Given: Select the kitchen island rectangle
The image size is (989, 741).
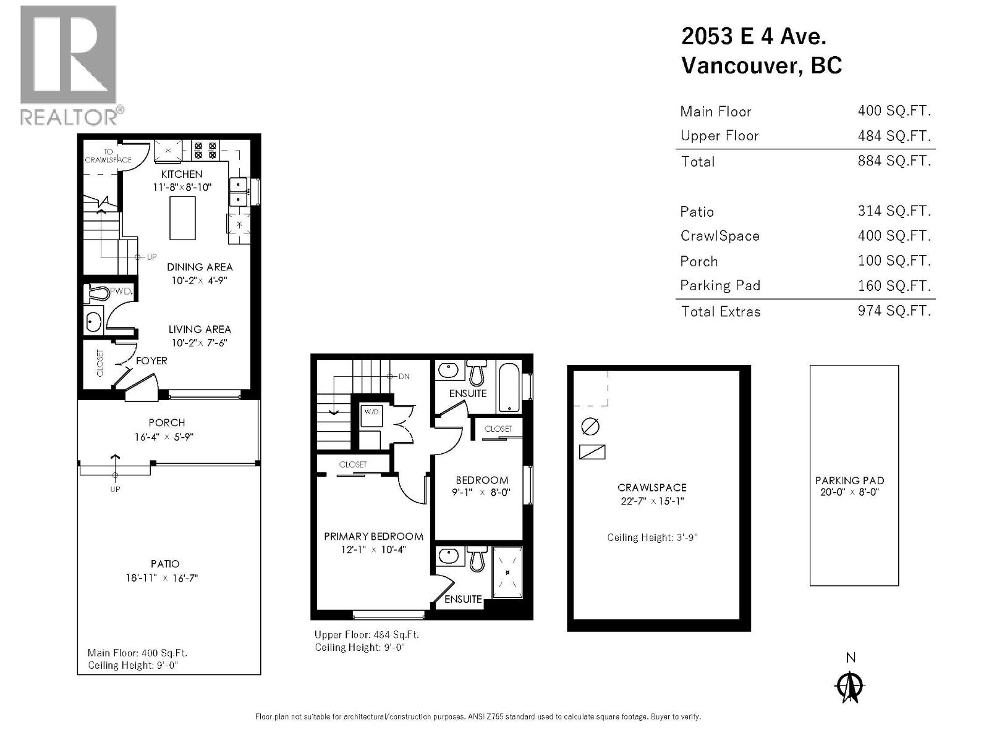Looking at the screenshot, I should tap(182, 217).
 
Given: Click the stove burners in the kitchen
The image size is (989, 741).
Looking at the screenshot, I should tap(205, 151).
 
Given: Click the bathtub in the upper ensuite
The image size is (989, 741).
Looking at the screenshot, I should tap(509, 387).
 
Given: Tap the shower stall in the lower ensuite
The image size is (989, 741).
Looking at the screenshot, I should tap(507, 572).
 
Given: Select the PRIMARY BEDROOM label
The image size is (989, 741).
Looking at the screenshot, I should tap(373, 536).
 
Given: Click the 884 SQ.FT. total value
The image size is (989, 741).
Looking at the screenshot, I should tap(894, 161).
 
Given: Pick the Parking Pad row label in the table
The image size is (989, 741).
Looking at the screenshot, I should tap(720, 285).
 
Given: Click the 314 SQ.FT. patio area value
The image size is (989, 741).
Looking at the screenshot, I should tap(894, 211).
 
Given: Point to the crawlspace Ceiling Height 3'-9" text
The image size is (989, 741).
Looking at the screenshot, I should tap(652, 537).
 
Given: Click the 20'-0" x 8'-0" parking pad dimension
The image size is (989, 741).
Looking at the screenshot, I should tap(849, 492).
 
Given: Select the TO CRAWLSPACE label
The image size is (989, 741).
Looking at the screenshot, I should tap(108, 156).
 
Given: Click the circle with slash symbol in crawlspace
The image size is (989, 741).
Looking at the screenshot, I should tap(590, 426).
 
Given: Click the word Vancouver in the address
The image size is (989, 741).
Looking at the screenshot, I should tap(739, 65).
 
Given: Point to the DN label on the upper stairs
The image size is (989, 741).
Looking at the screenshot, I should tap(404, 376).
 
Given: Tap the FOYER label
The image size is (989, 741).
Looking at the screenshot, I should tap(151, 361).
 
